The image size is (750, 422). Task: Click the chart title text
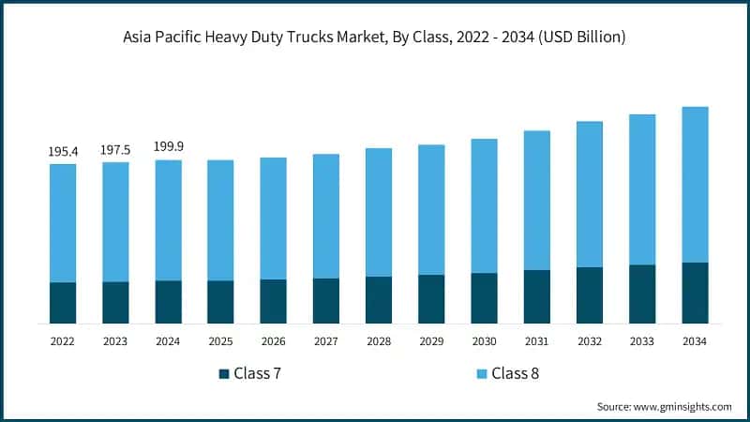coord(375,38)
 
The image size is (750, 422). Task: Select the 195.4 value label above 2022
coord(63,151)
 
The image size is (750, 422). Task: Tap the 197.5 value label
coord(115,149)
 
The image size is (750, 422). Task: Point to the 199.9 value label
coord(168,147)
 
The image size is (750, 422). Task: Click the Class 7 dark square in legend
coord(224,373)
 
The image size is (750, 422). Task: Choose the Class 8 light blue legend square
coord(481,373)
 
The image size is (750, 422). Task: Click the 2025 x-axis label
coord(220,342)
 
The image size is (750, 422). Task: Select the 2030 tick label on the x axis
coord(484,342)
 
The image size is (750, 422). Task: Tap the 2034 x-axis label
coord(695,342)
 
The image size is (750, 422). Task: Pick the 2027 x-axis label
coord(326,342)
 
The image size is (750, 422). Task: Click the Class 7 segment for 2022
coord(63,303)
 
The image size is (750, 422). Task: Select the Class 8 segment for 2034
coord(695,184)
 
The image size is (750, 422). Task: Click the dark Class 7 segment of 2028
coord(379,300)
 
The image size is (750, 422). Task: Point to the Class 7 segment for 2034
coord(695,293)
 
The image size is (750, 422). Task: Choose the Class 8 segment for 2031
coord(536,200)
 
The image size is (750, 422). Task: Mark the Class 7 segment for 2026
coord(273,301)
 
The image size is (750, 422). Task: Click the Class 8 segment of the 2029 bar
coord(431,209)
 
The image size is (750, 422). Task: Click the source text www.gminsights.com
coord(664,406)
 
